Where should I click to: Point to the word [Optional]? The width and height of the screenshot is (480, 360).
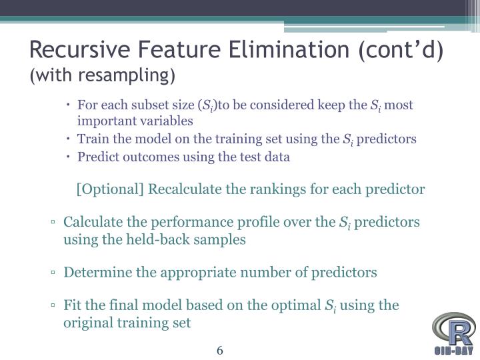[x=111, y=189]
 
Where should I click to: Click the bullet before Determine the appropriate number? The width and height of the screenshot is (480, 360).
[x=52, y=273]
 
